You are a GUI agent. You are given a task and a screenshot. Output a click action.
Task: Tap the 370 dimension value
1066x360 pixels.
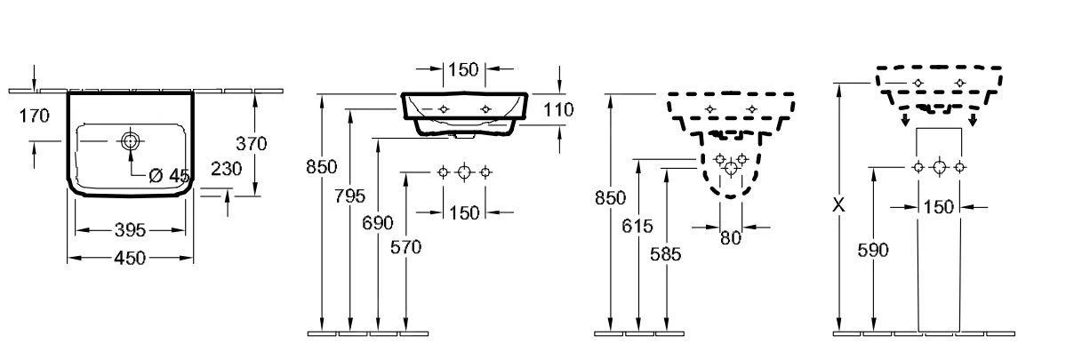point(252,142)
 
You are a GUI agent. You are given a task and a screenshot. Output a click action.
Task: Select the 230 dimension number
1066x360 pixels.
point(227,170)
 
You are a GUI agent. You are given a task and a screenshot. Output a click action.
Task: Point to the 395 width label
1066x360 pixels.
point(131,230)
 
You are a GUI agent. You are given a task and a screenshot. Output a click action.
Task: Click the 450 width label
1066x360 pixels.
point(131,258)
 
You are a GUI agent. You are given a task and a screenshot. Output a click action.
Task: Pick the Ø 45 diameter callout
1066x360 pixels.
point(169,176)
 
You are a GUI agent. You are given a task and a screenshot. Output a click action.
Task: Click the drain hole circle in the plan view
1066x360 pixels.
point(131,140)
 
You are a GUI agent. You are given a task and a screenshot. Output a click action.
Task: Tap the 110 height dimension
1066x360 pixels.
point(558,109)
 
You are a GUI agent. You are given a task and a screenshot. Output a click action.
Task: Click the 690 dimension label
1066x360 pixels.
point(379,223)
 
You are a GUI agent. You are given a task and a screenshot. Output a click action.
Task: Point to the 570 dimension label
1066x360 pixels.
point(405,248)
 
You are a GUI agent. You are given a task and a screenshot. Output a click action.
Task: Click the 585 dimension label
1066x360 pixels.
point(665,253)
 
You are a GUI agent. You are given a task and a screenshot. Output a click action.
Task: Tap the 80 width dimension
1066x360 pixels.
point(730,237)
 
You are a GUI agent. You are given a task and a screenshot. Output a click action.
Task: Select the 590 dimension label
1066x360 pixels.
point(872,250)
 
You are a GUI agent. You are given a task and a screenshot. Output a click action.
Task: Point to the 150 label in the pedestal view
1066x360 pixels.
point(939,207)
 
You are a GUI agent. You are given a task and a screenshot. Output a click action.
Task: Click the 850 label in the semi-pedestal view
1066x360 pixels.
point(610,197)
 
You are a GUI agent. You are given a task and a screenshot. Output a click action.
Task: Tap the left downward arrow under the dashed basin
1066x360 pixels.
point(905,118)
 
